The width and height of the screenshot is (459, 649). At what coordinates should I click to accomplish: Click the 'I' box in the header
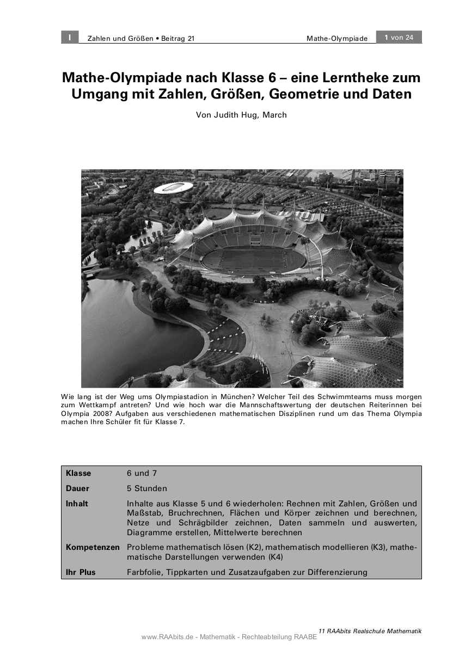[70, 37]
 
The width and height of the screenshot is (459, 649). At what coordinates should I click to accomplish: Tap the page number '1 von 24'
[399, 37]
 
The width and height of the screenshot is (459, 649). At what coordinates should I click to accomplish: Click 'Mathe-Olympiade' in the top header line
[336, 38]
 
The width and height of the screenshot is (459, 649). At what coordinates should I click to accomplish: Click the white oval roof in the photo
[173, 188]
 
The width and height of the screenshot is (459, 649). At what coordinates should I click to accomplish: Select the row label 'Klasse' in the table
[78, 473]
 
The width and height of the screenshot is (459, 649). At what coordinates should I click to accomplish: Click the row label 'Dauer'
[77, 488]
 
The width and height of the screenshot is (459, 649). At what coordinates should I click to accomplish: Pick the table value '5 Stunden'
[147, 488]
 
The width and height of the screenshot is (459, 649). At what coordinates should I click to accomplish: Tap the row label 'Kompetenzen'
[93, 547]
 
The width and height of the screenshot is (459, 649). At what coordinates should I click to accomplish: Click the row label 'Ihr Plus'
[81, 572]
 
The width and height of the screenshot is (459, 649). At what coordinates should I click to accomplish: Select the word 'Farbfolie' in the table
[144, 572]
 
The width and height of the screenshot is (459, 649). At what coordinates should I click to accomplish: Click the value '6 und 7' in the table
[142, 473]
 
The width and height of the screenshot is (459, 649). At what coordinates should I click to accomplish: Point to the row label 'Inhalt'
[77, 504]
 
